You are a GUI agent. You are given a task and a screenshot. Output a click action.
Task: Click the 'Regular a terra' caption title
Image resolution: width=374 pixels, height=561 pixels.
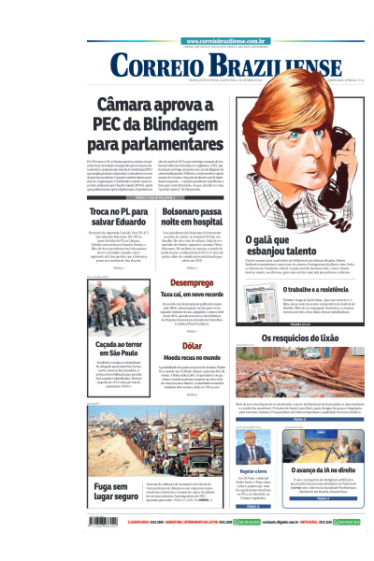click(253, 470)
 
